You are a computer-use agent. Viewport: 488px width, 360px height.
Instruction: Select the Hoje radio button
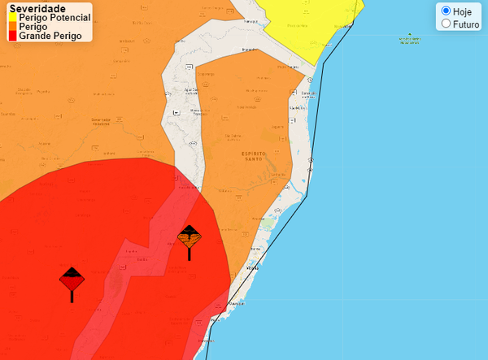pyautogui.click(x=446, y=11)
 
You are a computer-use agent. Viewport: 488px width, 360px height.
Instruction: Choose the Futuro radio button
pyautogui.click(x=446, y=24)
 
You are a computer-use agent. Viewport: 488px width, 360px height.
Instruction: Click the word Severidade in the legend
pyautogui.click(x=37, y=8)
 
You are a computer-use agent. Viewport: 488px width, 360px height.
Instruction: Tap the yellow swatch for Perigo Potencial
pyautogui.click(x=13, y=18)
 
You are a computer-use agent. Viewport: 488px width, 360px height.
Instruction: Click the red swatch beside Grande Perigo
pyautogui.click(x=13, y=36)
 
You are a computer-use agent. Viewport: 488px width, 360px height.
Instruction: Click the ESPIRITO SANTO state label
pyautogui.click(x=265, y=157)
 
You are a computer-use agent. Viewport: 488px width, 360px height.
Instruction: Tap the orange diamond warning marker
pyautogui.click(x=190, y=236)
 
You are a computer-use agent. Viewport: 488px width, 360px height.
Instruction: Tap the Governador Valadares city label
pyautogui.click(x=107, y=121)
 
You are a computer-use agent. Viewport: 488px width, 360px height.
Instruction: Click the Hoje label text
pyautogui.click(x=462, y=11)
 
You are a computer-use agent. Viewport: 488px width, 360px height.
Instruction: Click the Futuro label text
pyautogui.click(x=466, y=24)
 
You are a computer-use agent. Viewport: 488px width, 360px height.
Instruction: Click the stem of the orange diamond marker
pyautogui.click(x=190, y=254)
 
